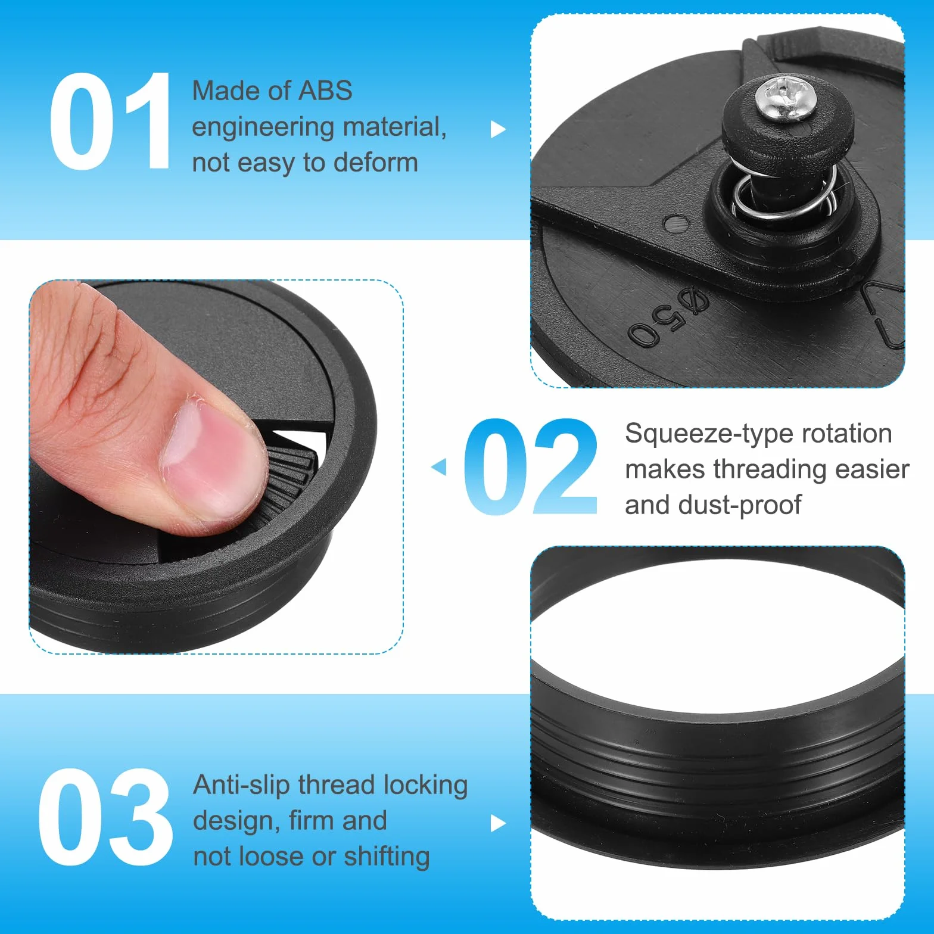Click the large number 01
[x=111, y=121]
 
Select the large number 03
[x=105, y=817]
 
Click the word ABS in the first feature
[x=325, y=91]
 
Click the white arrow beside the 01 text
[x=498, y=129]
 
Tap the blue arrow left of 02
[x=438, y=466]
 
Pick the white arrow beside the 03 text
[x=498, y=824]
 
